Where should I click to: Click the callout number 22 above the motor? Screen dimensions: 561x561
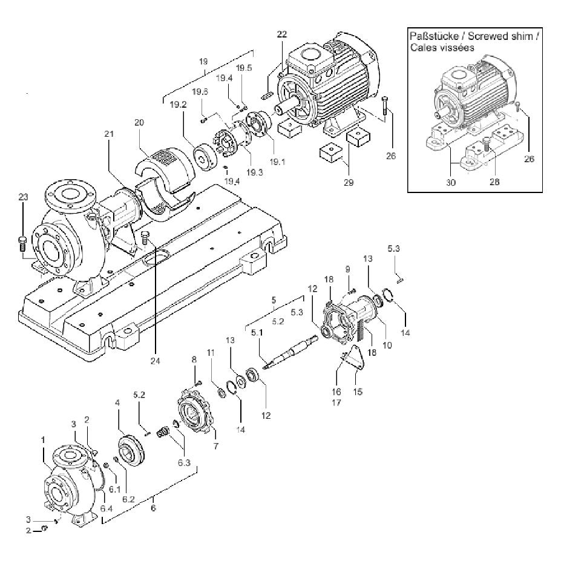(x=282, y=34)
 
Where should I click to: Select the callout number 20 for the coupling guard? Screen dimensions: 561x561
(x=139, y=123)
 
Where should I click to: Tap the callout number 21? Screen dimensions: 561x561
(x=109, y=134)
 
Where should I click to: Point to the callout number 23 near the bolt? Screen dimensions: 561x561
(x=23, y=197)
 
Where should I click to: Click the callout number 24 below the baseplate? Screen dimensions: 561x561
(x=156, y=361)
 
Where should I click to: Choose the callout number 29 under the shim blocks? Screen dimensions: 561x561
(x=349, y=183)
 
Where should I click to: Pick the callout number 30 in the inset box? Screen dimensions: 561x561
(x=451, y=183)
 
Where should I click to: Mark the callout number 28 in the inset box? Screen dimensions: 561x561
(x=494, y=182)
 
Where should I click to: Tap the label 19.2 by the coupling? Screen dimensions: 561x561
(x=178, y=105)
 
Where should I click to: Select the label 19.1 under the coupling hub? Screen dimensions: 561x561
(x=277, y=162)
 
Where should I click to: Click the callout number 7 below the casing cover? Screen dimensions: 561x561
(x=215, y=446)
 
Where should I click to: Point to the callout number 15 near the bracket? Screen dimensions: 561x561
(x=358, y=392)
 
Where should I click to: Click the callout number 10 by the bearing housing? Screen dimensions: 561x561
(x=387, y=346)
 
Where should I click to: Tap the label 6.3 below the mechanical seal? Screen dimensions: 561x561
(x=184, y=462)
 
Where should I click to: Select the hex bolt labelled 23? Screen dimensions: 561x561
(x=22, y=244)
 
